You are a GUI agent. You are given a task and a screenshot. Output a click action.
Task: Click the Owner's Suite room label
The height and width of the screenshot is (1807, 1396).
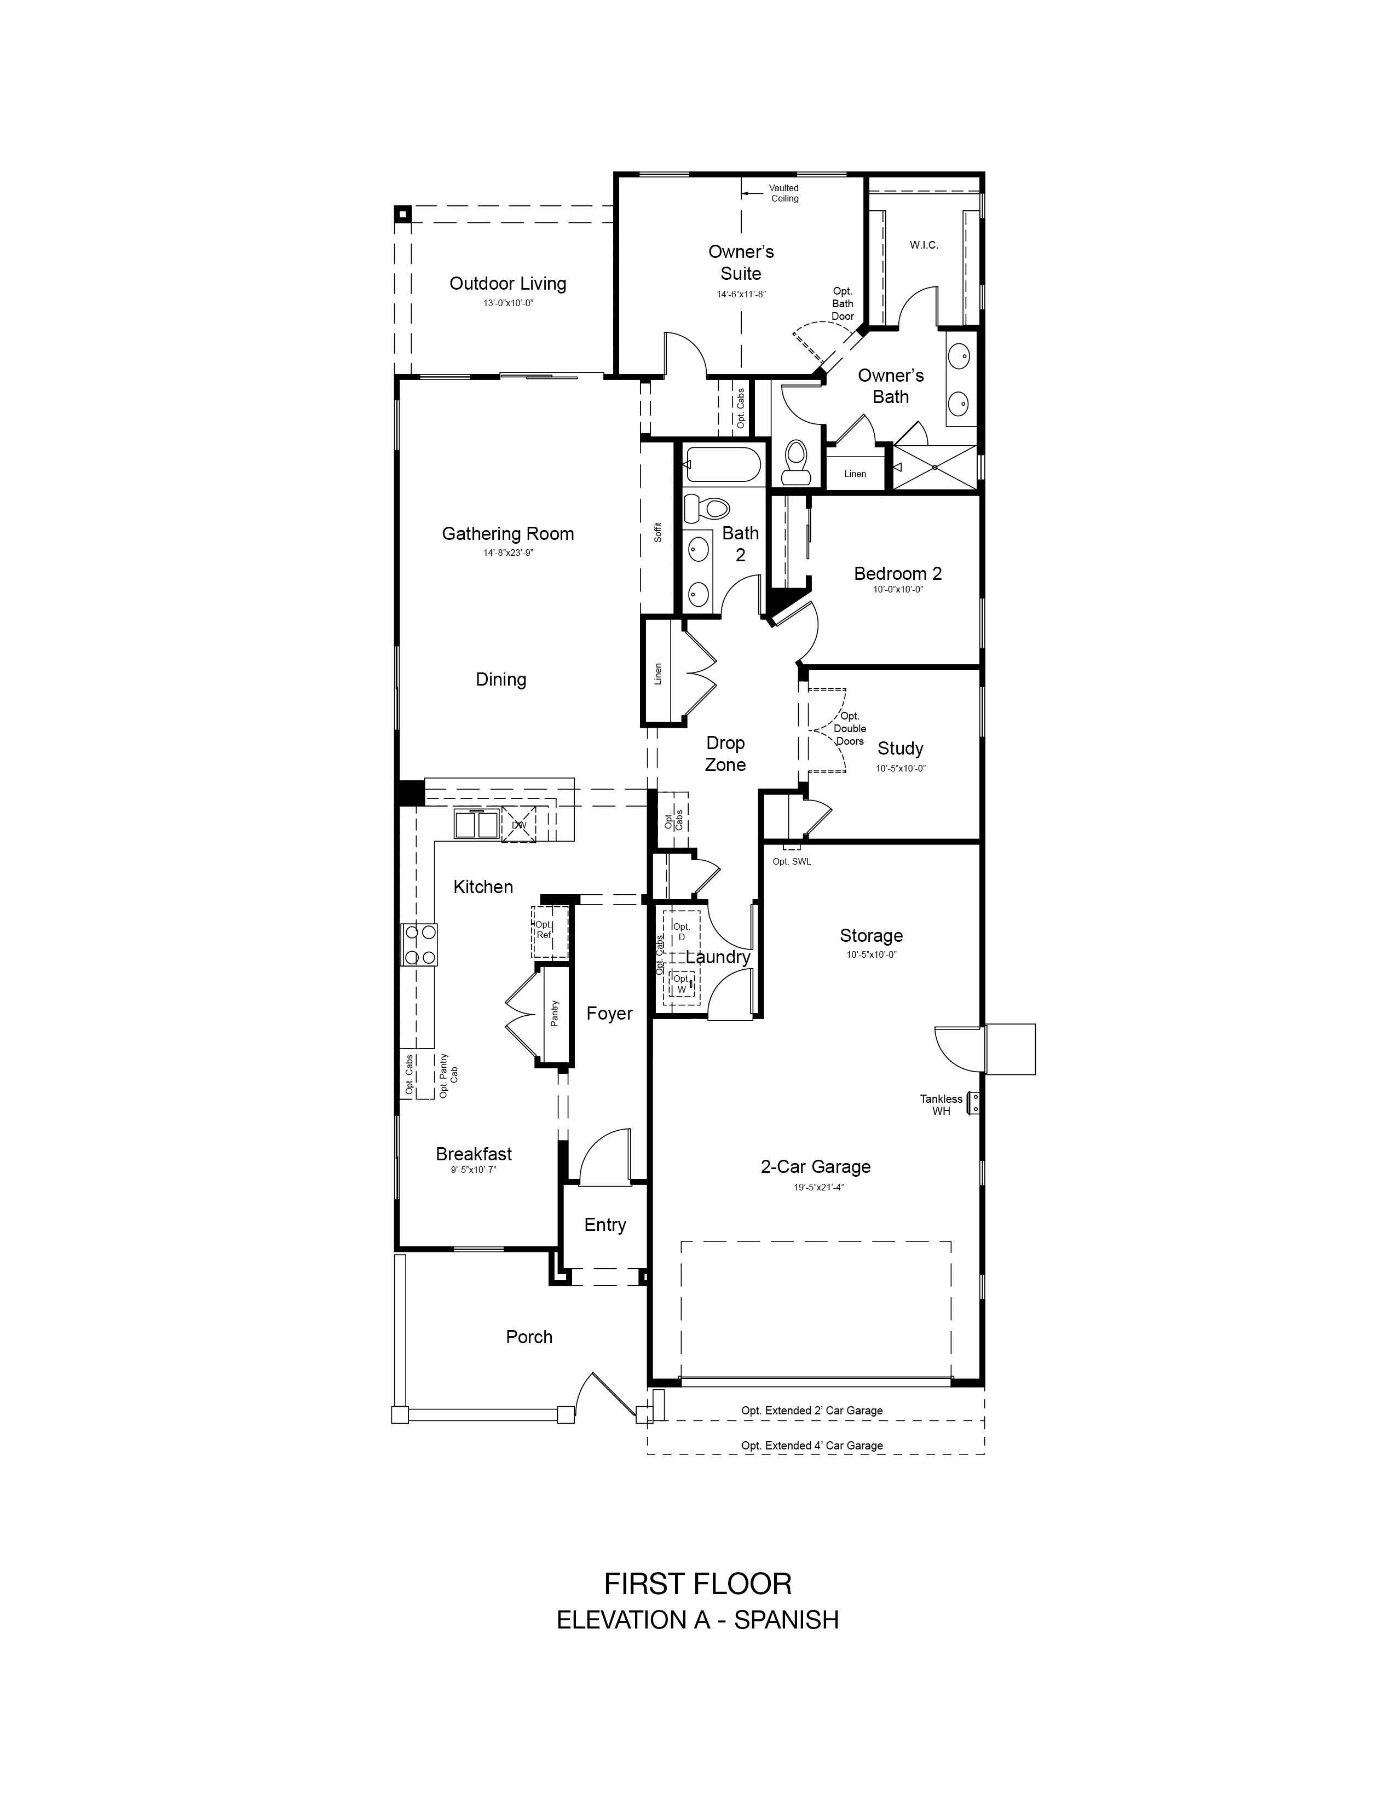(741, 262)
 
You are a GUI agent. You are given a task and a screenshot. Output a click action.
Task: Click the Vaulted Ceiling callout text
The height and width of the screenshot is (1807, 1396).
(784, 193)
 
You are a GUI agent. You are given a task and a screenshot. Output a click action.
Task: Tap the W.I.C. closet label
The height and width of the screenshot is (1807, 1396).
(924, 245)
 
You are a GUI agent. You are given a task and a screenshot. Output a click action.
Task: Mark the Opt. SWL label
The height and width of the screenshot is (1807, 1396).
(792, 861)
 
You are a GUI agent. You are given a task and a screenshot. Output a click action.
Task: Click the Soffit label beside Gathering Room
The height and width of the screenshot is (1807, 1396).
(658, 532)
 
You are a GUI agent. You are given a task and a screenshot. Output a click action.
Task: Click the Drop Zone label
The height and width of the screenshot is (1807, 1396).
(725, 754)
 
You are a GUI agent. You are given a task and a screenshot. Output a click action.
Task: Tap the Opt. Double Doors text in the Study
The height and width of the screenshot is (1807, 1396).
(849, 729)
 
